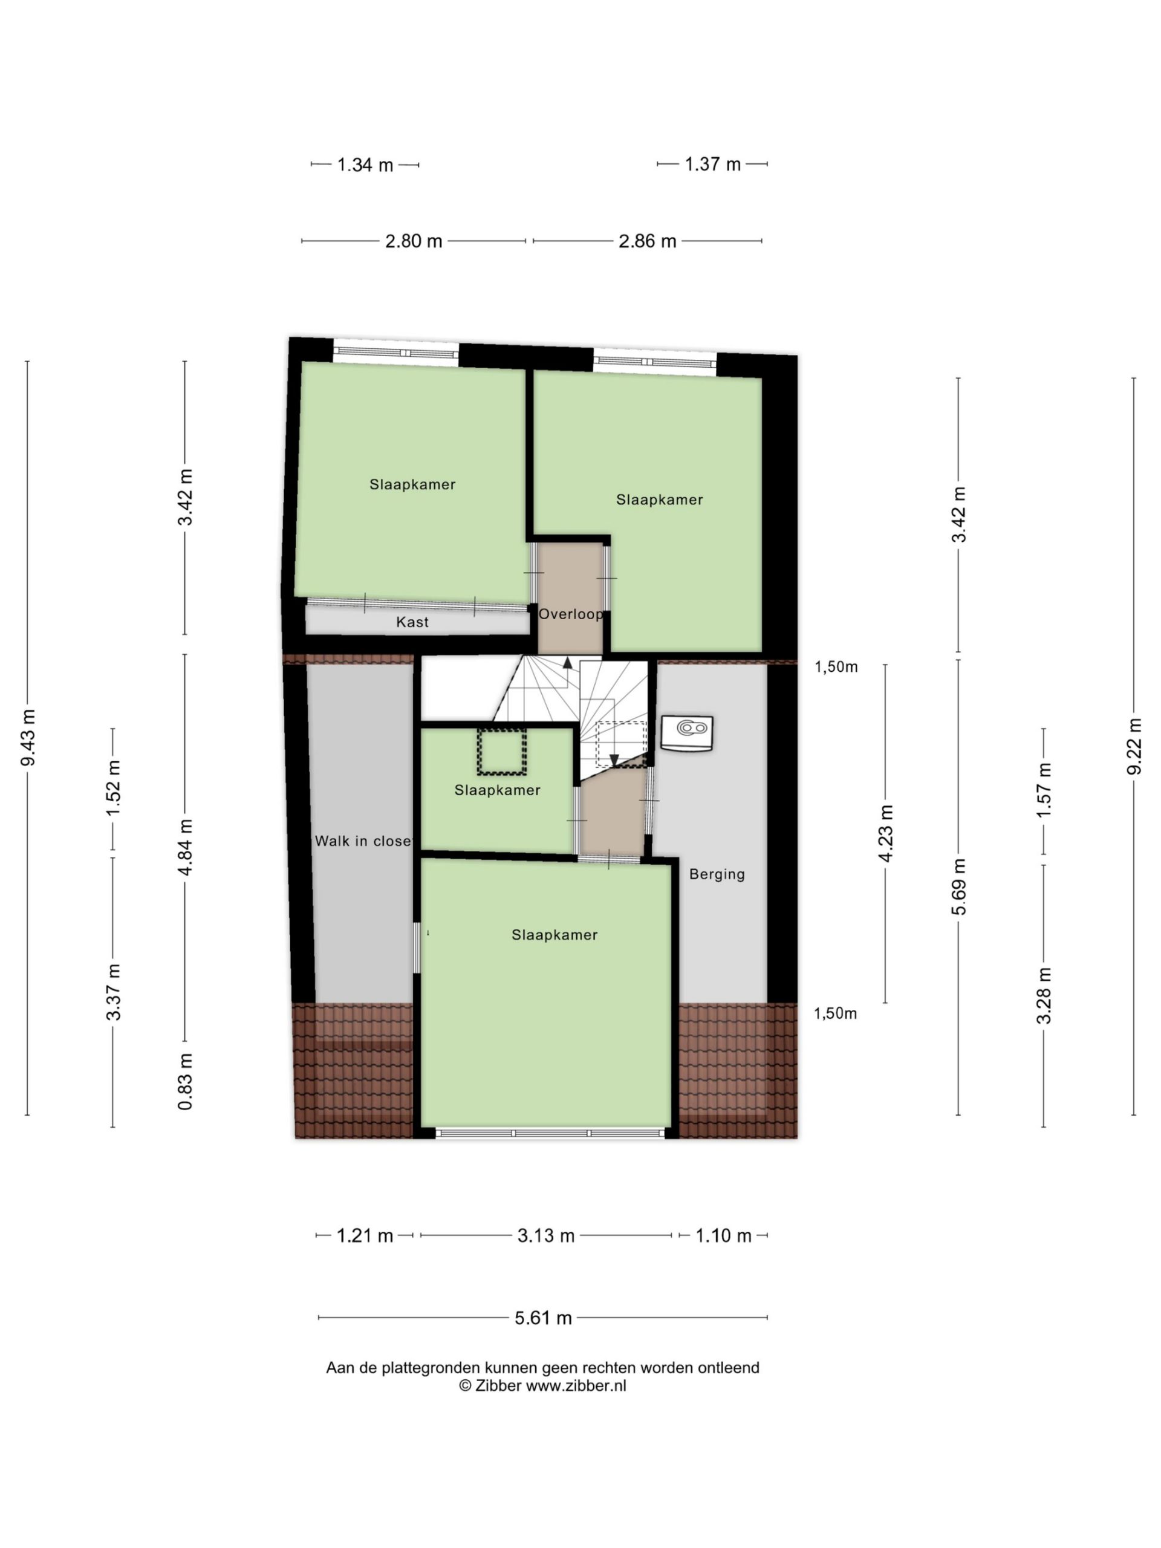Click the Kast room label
[412, 622]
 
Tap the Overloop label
[570, 614]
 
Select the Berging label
[717, 874]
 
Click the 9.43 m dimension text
[28, 738]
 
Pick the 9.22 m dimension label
[1134, 746]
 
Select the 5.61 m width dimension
[543, 1318]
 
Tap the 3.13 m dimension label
[546, 1236]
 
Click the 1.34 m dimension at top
[365, 165]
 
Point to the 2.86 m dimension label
[648, 241]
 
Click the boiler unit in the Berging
[687, 733]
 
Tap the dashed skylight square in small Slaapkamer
[501, 752]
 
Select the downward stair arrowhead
[614, 760]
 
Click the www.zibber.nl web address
[576, 1386]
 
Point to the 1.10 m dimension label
[723, 1236]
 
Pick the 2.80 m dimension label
[414, 241]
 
